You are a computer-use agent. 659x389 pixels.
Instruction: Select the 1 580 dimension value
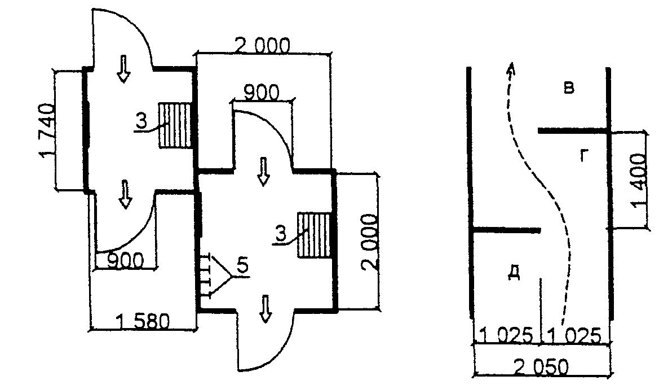(143, 321)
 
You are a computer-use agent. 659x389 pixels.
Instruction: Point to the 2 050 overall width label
(541, 366)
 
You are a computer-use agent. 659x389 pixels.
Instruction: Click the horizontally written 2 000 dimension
(262, 45)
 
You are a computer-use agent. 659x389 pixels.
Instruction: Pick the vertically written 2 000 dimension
(369, 242)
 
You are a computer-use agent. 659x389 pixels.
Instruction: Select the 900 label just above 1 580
(125, 261)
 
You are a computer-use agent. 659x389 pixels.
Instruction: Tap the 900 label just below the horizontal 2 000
(260, 93)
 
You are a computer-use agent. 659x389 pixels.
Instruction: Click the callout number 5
(242, 266)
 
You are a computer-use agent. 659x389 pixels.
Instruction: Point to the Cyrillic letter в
(569, 88)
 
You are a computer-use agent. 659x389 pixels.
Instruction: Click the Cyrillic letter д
(514, 273)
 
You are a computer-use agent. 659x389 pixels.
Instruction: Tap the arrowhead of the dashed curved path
(511, 68)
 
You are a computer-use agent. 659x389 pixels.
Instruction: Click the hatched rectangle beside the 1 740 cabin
(175, 125)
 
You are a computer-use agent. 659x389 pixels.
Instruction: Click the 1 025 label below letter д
(506, 336)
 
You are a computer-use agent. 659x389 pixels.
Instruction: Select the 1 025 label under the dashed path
(574, 336)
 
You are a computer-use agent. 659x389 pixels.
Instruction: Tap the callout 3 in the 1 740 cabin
(141, 121)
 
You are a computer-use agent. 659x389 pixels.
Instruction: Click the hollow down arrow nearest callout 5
(264, 309)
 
